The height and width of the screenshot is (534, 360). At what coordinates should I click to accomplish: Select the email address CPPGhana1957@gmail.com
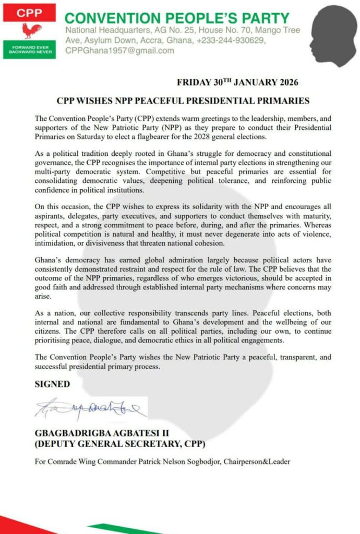[119, 51]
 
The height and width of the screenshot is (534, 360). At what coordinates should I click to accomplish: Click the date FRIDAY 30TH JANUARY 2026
[237, 82]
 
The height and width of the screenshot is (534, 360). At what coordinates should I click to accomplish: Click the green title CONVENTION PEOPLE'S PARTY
[177, 19]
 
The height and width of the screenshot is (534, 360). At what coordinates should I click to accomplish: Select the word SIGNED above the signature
[52, 384]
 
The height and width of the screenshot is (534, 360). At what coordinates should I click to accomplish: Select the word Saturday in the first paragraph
[91, 137]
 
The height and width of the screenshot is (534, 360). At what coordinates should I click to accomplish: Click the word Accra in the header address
[162, 41]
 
